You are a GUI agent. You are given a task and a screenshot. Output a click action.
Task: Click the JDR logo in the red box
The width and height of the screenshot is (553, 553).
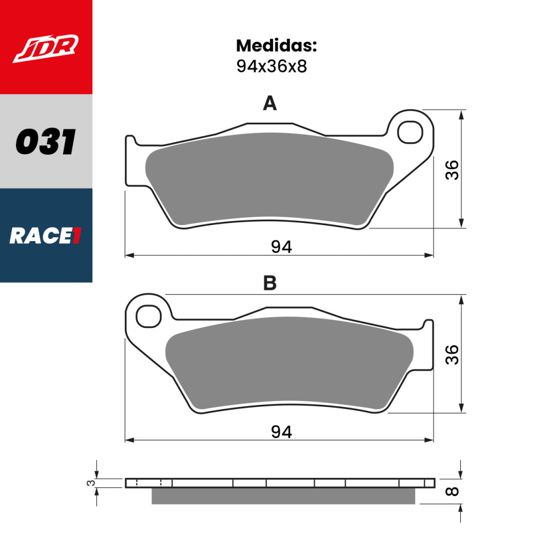coord(46,48)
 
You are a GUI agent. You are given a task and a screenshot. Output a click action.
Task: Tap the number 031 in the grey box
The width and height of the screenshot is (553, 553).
coord(45,142)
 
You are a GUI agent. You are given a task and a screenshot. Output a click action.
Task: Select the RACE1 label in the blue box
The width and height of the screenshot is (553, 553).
coord(45,236)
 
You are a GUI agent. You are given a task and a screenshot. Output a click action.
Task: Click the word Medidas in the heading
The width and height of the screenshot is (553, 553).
coord(276,45)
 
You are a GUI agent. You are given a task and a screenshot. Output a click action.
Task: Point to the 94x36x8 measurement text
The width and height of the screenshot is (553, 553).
coord(271,67)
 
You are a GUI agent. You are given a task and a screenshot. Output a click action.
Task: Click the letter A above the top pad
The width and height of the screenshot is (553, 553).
coord(269,103)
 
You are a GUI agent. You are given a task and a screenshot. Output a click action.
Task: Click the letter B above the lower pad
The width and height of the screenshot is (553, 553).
coord(269,284)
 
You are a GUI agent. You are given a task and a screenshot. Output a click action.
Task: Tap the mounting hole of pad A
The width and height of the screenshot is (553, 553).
coord(411,132)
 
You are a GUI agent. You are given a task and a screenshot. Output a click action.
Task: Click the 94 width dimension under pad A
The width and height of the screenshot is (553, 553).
coord(281,247)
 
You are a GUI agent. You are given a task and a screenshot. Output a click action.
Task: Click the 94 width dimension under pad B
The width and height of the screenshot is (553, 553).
coord(281,432)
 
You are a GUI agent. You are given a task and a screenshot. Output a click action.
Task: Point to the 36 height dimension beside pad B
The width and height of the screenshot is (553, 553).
coord(453,354)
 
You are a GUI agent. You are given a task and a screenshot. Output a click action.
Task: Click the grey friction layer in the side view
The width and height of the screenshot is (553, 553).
coord(283,496)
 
